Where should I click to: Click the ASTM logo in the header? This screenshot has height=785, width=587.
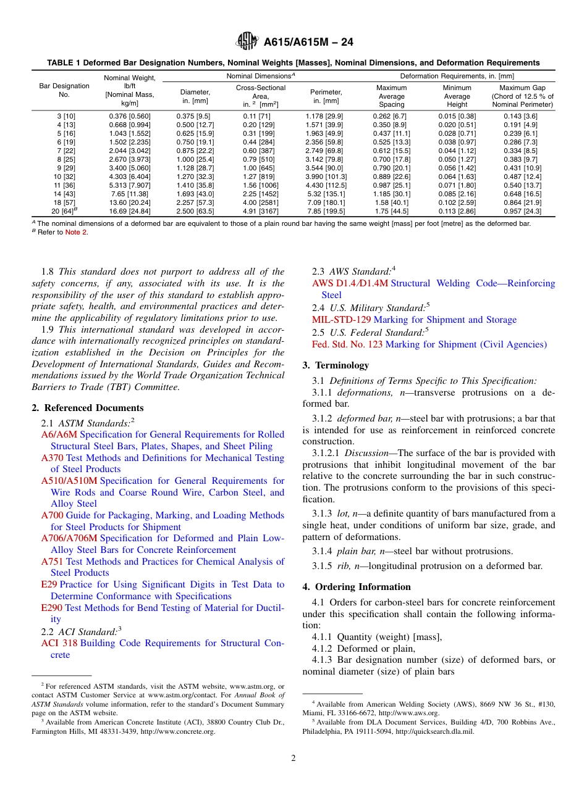point(247,42)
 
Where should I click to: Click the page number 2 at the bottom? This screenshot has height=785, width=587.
point(293,758)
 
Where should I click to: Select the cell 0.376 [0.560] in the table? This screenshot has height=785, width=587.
point(130,116)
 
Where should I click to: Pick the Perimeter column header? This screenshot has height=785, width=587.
point(325,96)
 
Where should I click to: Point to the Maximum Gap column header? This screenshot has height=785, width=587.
point(523,96)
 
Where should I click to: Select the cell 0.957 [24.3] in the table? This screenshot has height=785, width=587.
point(523,211)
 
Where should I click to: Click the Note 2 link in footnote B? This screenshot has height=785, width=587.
point(76,232)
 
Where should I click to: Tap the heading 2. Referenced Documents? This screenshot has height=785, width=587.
point(87,408)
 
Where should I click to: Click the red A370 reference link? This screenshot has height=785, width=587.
point(52,458)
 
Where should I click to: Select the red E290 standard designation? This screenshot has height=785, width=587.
point(52,608)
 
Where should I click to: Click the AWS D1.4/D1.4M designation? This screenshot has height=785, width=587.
point(350,283)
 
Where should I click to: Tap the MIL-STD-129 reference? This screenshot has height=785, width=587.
point(341,320)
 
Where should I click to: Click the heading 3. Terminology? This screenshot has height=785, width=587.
point(336,365)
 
